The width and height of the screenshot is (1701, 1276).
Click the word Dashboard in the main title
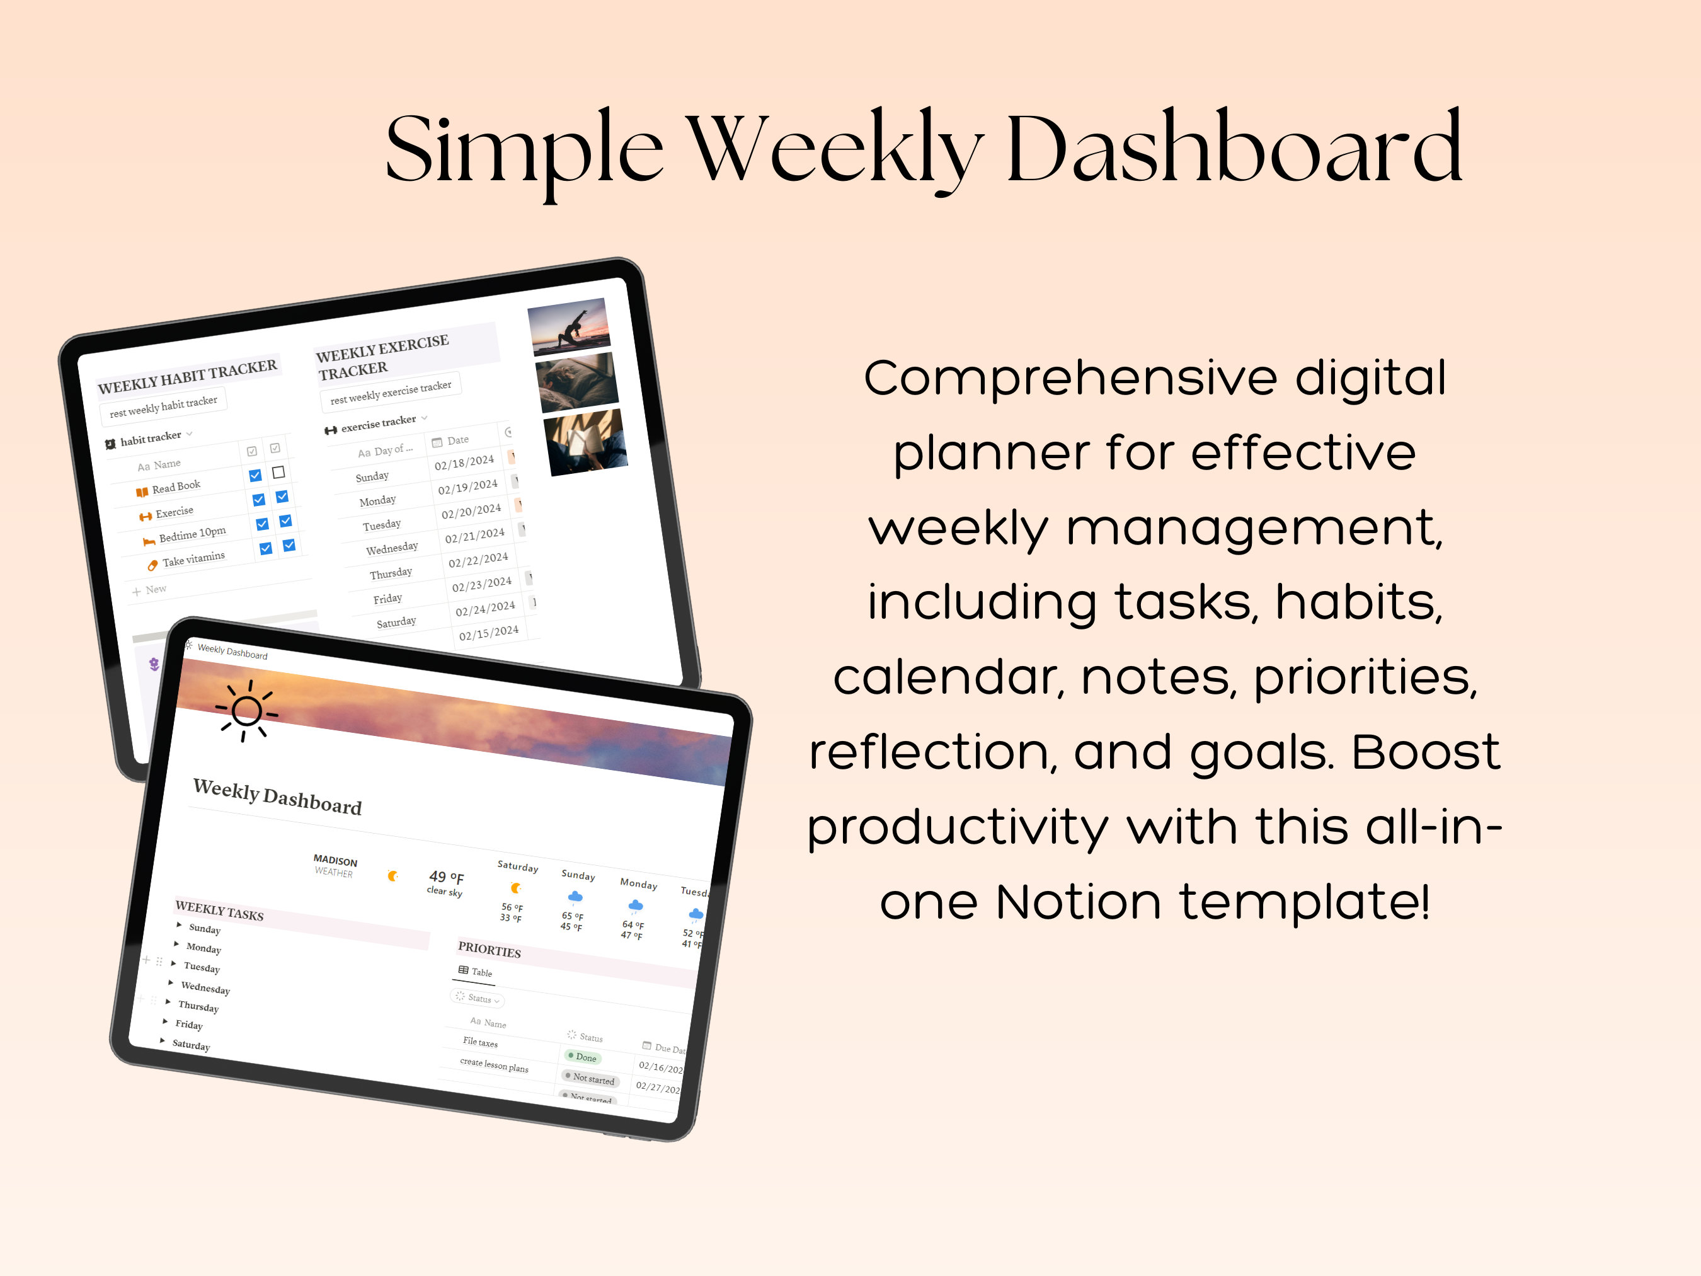[x=1234, y=149]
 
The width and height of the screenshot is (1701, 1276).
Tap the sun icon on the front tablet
[x=246, y=710]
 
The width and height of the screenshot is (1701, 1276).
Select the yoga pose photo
[x=568, y=326]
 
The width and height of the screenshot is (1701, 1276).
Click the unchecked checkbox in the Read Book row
[x=278, y=472]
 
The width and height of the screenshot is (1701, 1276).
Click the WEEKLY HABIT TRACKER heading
[x=187, y=376]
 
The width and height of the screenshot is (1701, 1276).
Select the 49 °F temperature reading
[x=446, y=877]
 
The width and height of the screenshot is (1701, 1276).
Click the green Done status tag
[x=582, y=1057]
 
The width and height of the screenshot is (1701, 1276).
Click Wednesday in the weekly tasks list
[x=205, y=987]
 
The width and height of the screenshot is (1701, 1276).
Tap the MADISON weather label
[x=335, y=861]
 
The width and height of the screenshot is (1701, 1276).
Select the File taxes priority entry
[x=480, y=1042]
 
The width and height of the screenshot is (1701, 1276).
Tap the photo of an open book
[x=585, y=442]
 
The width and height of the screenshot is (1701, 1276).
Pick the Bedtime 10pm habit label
[x=192, y=534]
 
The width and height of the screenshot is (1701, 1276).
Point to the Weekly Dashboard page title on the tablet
[x=277, y=797]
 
